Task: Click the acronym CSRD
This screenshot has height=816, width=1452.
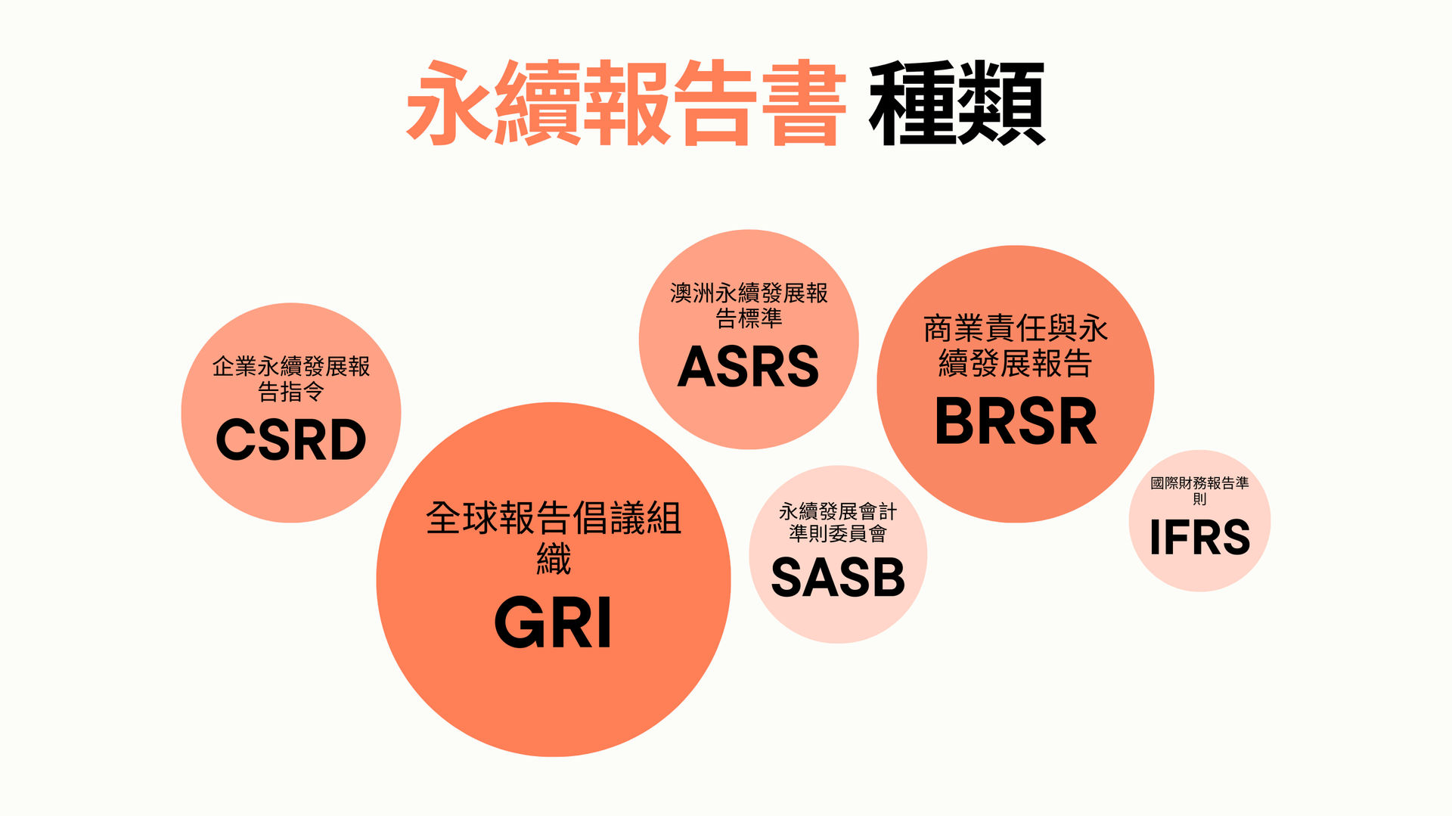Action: pos(291,439)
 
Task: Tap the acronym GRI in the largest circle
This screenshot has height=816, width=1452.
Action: pos(553,623)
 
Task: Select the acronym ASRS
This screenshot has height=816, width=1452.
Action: pos(748,367)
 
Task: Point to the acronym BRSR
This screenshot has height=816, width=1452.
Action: pos(1016,421)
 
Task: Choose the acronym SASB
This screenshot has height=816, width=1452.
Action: pos(838,578)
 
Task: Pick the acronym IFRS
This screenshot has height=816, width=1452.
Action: pos(1199,538)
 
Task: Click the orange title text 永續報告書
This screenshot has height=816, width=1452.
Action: pos(626,103)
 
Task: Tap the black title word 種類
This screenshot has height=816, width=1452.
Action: pos(957,103)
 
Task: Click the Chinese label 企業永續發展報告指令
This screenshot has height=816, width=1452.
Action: pos(291,379)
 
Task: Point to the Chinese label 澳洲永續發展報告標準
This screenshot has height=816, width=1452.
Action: pos(749,306)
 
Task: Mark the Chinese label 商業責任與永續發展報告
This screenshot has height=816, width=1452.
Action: pos(1016,346)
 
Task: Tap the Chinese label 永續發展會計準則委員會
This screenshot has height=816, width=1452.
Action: pos(838,523)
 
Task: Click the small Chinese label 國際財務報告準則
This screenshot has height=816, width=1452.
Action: pos(1199,490)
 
